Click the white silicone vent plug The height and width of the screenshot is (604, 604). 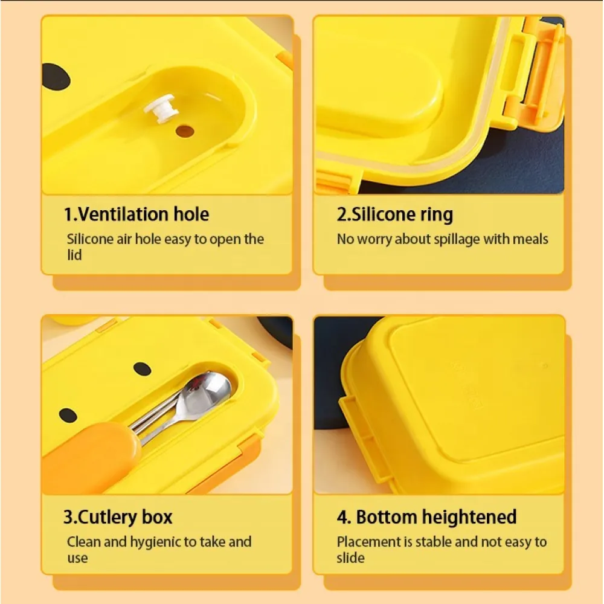[x=161, y=109]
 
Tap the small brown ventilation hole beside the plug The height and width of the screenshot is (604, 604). [x=185, y=131]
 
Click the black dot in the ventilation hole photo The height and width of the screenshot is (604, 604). [x=56, y=77]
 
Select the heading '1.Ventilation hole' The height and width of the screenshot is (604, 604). [x=137, y=214]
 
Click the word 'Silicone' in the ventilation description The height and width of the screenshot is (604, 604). [x=90, y=239]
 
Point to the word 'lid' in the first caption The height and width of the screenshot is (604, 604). [x=74, y=255]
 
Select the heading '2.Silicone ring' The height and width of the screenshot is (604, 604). [x=395, y=214]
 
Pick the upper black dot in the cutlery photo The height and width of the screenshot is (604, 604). [x=142, y=368]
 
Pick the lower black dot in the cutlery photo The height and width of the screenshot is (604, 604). [x=68, y=415]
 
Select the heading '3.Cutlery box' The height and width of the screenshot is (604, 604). [x=118, y=518]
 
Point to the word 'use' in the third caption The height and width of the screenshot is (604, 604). [x=77, y=559]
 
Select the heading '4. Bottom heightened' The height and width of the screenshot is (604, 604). [x=426, y=518]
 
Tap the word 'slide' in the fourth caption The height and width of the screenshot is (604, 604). [x=350, y=557]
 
